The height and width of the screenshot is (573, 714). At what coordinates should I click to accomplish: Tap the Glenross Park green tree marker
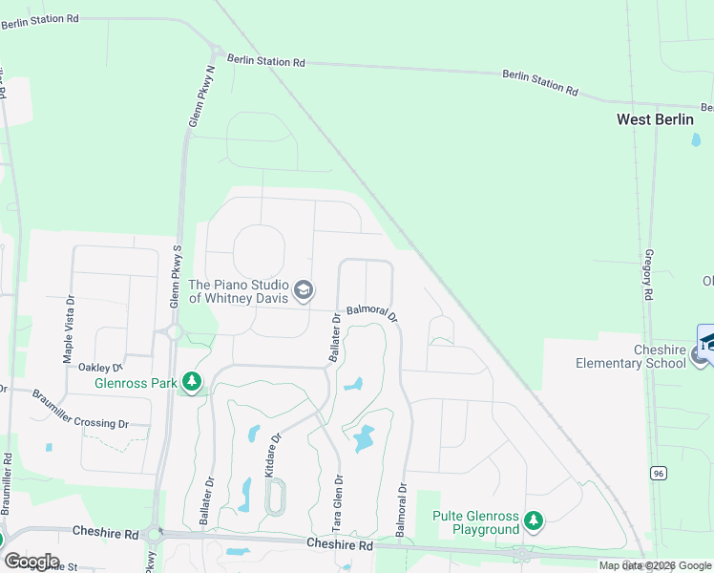193,382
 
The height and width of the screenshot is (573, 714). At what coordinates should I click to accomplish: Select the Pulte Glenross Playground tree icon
534,521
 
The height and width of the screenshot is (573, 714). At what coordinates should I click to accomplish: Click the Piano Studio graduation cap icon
304,291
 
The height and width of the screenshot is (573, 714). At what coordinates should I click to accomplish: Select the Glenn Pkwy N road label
201,96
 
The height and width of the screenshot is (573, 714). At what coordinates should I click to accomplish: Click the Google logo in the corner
31,562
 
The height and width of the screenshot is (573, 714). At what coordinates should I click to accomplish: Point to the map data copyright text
655,565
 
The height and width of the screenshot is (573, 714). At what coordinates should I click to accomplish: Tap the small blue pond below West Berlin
695,139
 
